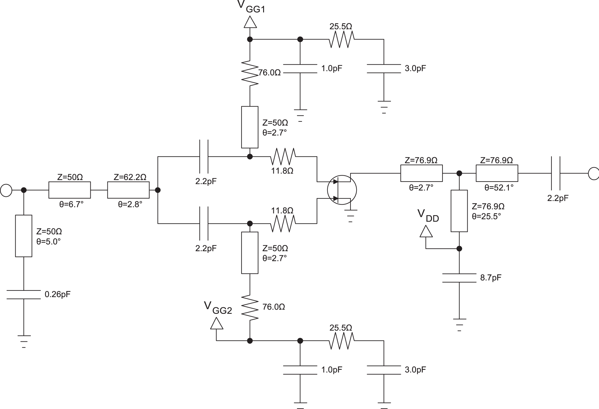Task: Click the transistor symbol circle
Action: coord(342,190)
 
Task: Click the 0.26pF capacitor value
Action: coord(57,294)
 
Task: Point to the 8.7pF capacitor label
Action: coord(491,278)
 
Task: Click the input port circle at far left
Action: coord(6,190)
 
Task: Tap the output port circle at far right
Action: coord(593,173)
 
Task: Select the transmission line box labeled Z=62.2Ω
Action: coord(128,190)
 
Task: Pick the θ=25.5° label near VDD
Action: coord(486,216)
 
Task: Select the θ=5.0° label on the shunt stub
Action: coord(48,241)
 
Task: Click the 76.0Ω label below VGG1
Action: coord(269,73)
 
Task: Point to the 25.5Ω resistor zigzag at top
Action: coord(342,39)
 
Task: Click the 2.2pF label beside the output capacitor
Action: coord(558,198)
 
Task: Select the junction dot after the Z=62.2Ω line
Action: coord(158,190)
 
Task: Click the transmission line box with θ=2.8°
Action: coord(128,190)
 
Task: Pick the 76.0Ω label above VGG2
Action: coord(273,307)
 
